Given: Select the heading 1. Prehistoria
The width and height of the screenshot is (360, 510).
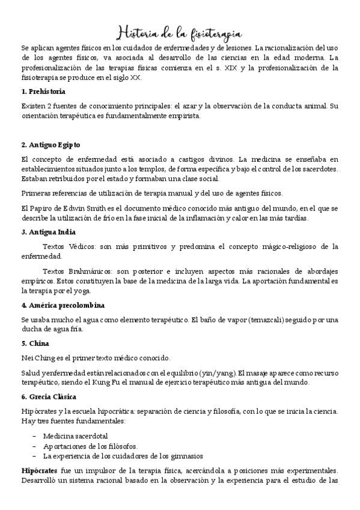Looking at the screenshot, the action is coord(43,91).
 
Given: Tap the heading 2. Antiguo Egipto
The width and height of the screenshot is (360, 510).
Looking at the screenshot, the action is coord(50,145).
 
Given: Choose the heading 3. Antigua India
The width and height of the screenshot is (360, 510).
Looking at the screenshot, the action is coord(48,232).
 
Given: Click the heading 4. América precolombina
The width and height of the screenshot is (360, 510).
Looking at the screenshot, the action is coord(63,305).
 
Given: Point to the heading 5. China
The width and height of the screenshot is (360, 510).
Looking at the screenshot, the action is coord(35,344).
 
